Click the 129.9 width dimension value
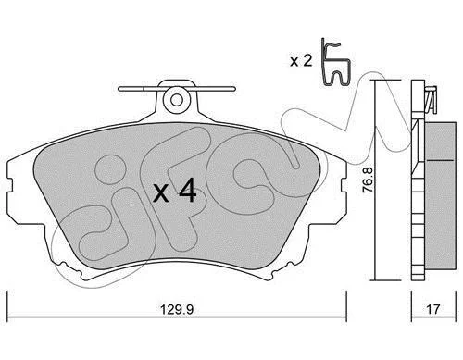tap(177, 309)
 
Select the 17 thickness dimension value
tap(433, 309)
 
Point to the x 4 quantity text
tap(175, 191)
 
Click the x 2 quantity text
tap(301, 61)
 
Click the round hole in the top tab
tap(177, 100)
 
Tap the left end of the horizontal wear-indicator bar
tap(119, 89)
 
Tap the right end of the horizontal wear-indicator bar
tap(234, 89)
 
